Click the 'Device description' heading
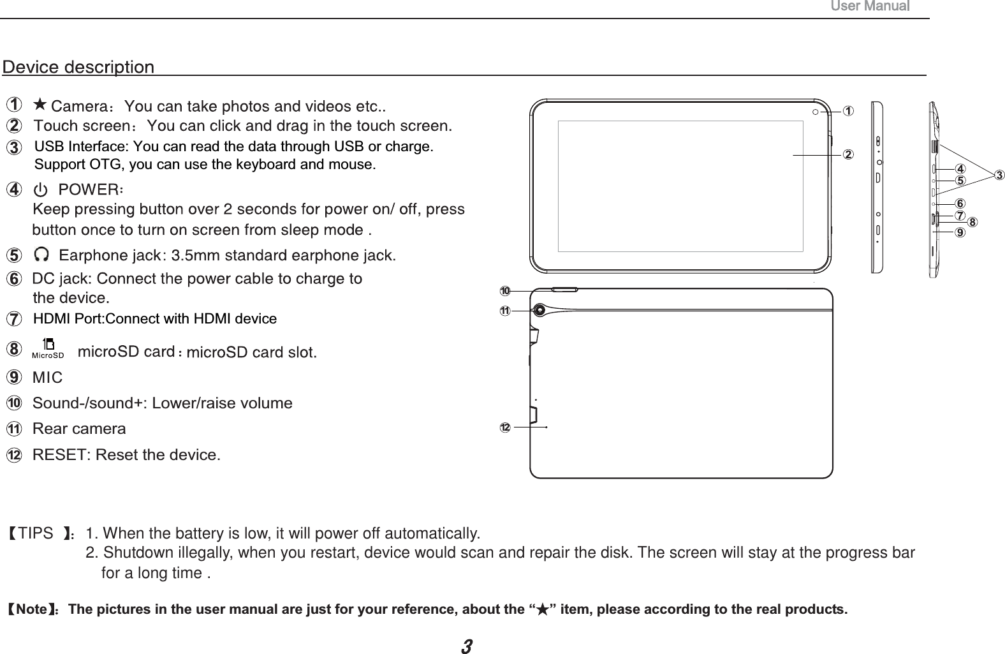[78, 67]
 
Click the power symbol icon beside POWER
[42, 190]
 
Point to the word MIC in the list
[48, 378]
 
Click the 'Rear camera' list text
[79, 429]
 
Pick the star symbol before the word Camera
[40, 105]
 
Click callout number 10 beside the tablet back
[504, 291]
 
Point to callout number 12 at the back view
[504, 426]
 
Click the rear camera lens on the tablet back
[541, 310]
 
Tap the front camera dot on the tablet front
[817, 112]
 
